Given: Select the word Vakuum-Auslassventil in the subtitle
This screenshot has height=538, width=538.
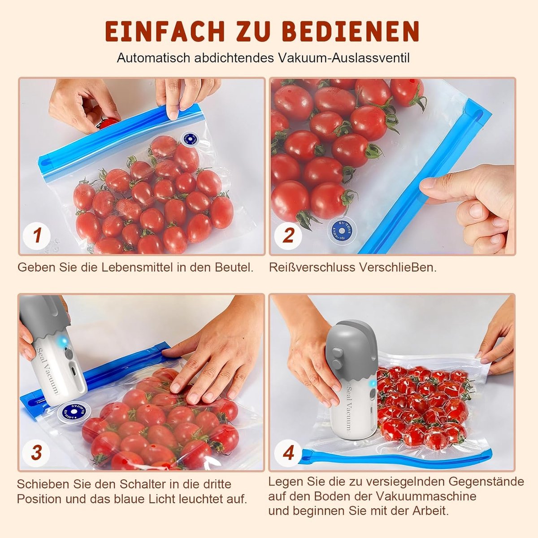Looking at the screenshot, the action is (343, 58).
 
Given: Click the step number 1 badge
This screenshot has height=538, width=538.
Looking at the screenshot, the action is (37, 236).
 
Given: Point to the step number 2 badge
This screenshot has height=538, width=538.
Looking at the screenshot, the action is (288, 236).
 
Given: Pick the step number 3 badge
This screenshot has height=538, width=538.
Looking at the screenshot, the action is (37, 452).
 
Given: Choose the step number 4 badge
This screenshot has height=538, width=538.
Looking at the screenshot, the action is (288, 452).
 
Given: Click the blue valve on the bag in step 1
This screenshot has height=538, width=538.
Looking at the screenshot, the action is (190, 139).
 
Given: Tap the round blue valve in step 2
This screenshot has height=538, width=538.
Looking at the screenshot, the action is (342, 230).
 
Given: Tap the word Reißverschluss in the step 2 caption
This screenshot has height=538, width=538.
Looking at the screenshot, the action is (312, 268).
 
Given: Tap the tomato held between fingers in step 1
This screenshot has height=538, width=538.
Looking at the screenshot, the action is (108, 123).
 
